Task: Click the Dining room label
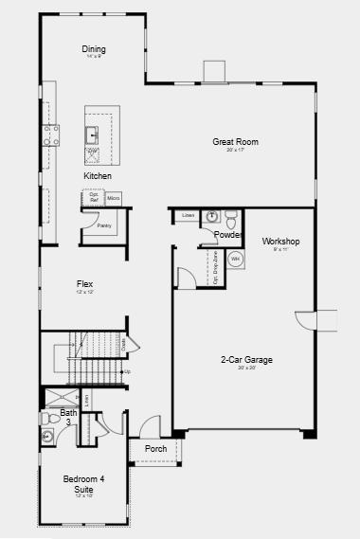click(94, 49)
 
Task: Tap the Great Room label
click(235, 142)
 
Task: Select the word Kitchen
click(98, 176)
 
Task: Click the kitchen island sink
click(93, 134)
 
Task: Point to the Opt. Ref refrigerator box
click(94, 198)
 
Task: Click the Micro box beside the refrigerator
click(113, 198)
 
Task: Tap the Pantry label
click(104, 225)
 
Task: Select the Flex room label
click(84, 283)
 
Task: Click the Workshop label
click(280, 241)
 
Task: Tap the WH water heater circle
click(235, 259)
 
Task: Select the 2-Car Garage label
click(246, 360)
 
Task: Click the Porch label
click(155, 448)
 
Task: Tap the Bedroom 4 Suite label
click(84, 484)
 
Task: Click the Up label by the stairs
click(127, 370)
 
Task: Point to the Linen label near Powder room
click(188, 216)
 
